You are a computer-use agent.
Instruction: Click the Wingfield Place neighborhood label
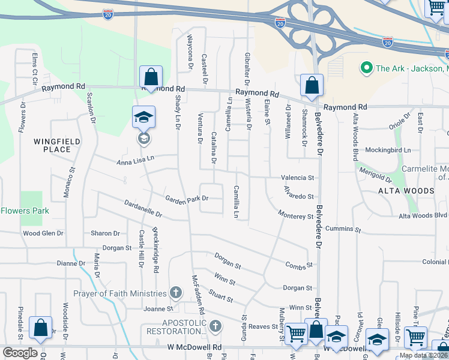click(57, 145)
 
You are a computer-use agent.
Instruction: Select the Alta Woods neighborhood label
click(406, 191)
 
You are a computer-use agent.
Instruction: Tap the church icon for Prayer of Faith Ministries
click(176, 293)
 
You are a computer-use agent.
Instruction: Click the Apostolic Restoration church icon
click(215, 326)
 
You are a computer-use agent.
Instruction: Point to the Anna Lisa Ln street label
click(136, 160)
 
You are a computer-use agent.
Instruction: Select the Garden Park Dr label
click(187, 199)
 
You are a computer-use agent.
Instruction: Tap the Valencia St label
click(298, 178)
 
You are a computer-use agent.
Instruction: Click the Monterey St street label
click(296, 215)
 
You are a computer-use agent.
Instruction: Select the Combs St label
click(300, 265)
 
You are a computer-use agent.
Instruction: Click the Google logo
click(20, 353)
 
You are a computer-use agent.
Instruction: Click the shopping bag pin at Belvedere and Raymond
click(312, 86)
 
